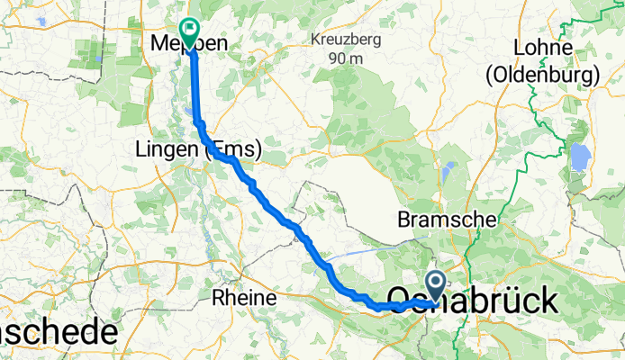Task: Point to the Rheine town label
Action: (x=240, y=296)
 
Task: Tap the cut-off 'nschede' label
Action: (x=56, y=333)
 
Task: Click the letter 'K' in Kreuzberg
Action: (x=314, y=40)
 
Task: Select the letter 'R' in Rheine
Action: (x=216, y=296)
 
